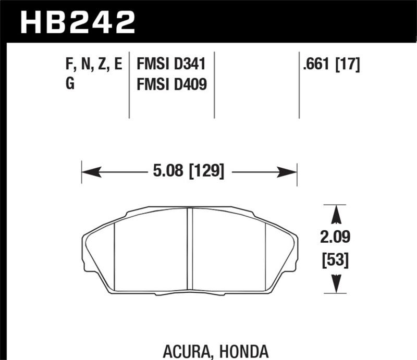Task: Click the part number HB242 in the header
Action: pos(77,22)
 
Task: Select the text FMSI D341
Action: pos(171,65)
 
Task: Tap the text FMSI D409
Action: pos(171,84)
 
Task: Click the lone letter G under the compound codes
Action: pos(70,84)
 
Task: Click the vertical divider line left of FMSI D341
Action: pos(129,86)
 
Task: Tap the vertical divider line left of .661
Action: pos(299,86)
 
